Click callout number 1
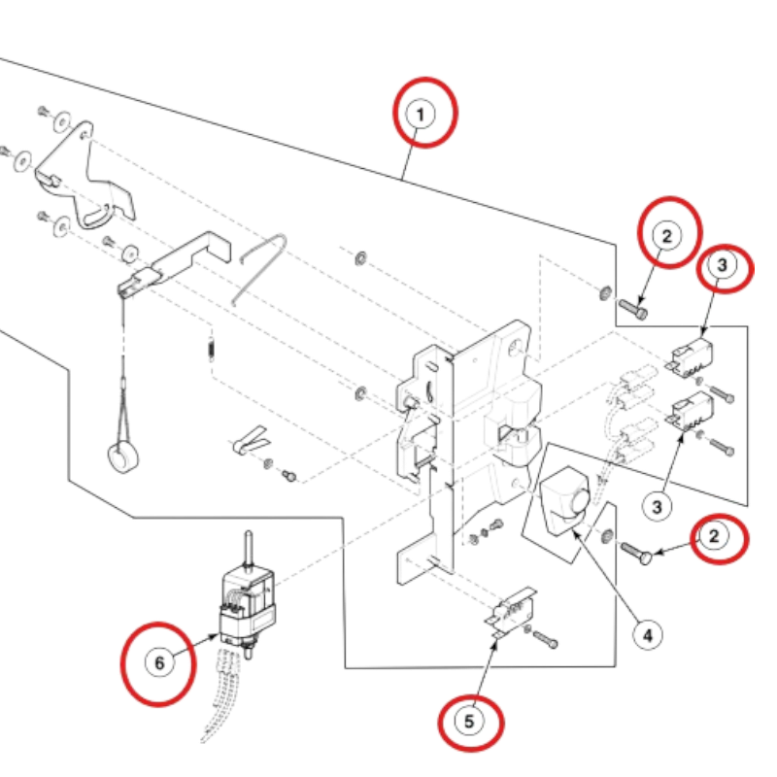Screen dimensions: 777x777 421,115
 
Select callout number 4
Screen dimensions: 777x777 648,635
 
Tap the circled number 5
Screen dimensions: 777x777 469,722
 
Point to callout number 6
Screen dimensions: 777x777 159,662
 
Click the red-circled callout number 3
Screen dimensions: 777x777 722,265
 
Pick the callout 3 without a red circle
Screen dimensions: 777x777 657,506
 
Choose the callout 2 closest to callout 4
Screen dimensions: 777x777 713,536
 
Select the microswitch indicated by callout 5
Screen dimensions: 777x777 510,611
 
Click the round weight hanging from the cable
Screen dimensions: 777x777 122,457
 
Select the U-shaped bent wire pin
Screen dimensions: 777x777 262,269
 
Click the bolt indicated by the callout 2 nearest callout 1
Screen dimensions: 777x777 633,309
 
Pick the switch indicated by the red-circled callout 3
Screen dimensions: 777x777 691,357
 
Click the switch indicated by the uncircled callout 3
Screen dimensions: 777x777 692,410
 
